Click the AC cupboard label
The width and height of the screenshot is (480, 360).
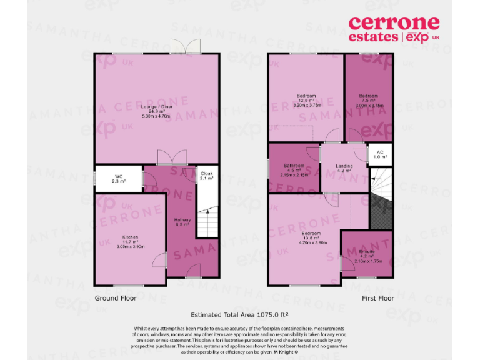[x=380, y=154]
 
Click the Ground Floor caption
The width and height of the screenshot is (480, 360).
[x=115, y=298]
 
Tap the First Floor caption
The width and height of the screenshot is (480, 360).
[x=378, y=298]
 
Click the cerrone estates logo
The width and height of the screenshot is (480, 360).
[x=394, y=30]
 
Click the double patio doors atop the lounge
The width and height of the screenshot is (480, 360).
[x=178, y=47]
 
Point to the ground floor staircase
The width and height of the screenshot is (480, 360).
[x=207, y=222]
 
